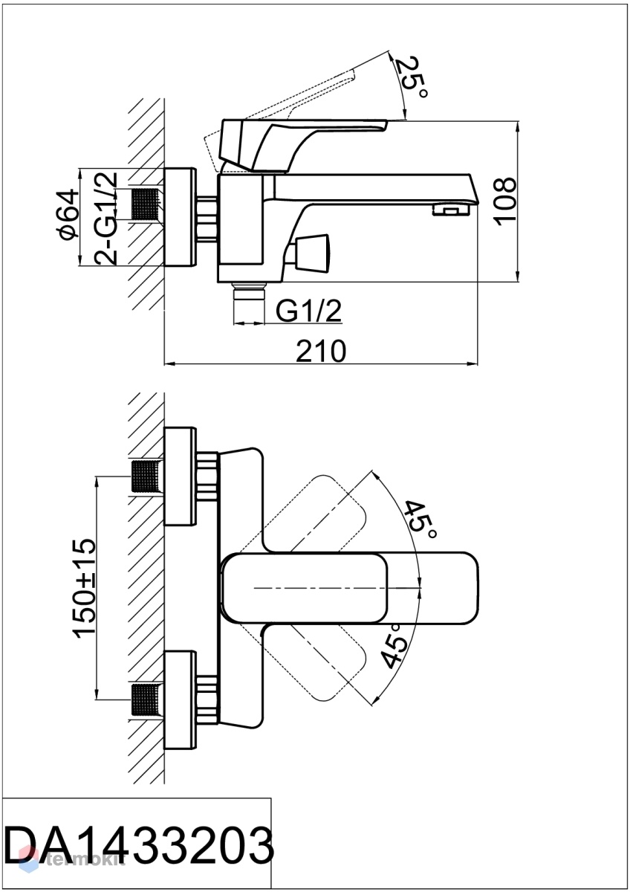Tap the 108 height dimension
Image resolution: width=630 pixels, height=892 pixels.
505,201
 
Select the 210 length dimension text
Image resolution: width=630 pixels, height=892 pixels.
321,351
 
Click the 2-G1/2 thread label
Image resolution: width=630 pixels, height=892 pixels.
105,219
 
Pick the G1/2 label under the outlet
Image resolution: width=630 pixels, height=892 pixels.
308,311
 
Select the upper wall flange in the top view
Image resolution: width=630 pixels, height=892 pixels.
181,476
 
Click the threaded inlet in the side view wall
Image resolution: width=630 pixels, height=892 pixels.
146,204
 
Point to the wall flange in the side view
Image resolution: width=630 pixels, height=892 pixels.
180,217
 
